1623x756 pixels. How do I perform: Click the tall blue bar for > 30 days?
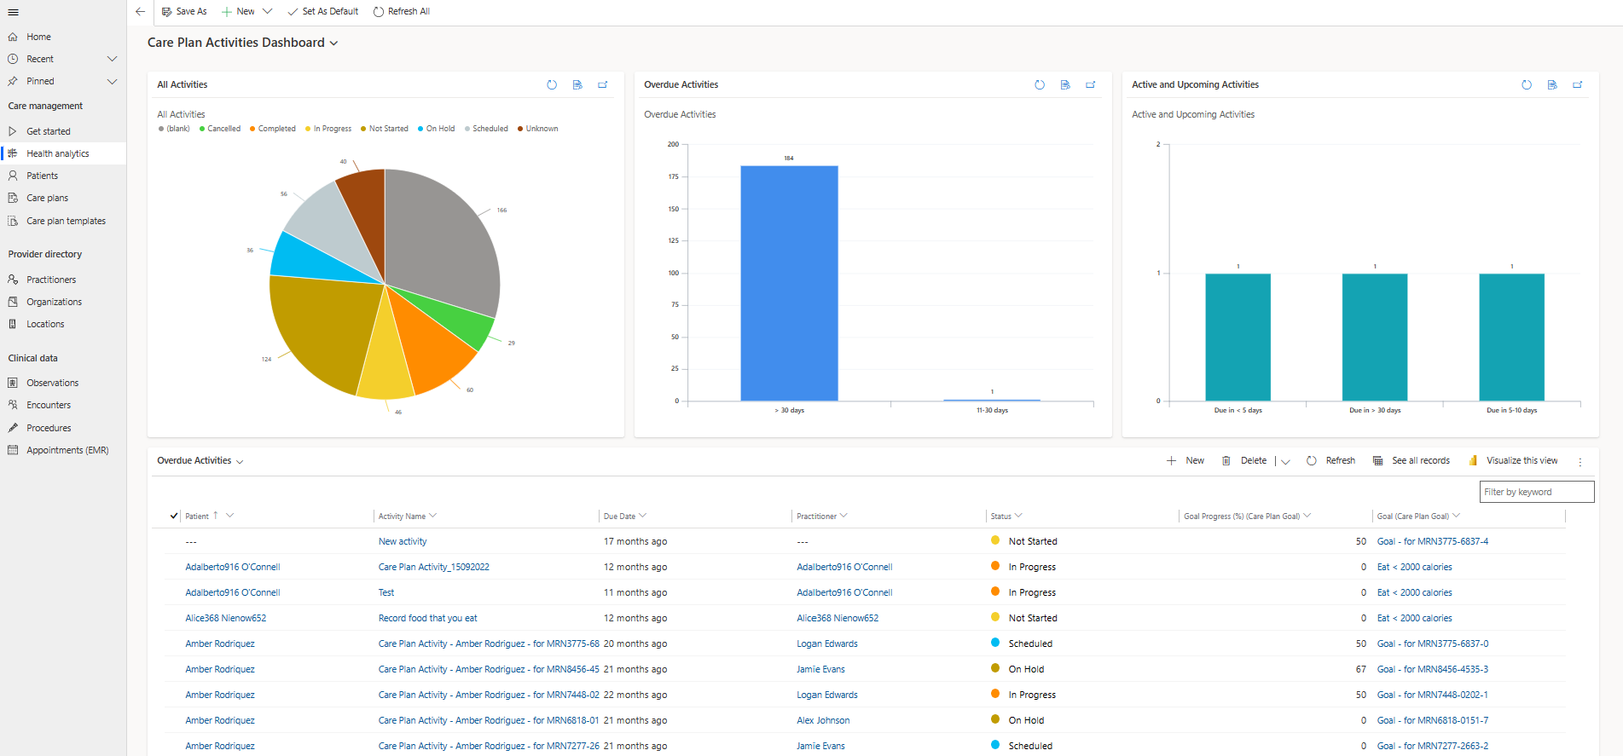coord(789,283)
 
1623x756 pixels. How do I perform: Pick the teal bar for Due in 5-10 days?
coord(1511,337)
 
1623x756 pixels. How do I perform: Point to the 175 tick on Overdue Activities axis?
coord(674,176)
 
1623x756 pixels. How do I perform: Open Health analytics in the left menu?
coord(57,153)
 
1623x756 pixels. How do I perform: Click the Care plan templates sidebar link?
coord(66,221)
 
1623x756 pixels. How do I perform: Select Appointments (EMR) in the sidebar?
coord(67,450)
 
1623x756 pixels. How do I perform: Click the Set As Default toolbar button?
coord(323,11)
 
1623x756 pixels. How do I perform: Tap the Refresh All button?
coord(402,11)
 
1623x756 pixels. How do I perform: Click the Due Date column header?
coord(619,517)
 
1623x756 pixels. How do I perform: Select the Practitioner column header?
coord(816,517)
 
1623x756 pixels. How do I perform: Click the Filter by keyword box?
coord(1536,492)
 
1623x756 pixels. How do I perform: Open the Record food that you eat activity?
coord(427,618)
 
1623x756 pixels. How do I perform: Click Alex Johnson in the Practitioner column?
coord(823,720)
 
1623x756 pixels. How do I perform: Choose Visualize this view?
coord(1514,460)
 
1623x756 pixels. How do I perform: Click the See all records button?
coord(1411,460)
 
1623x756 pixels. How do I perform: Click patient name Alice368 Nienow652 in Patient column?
coord(226,618)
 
